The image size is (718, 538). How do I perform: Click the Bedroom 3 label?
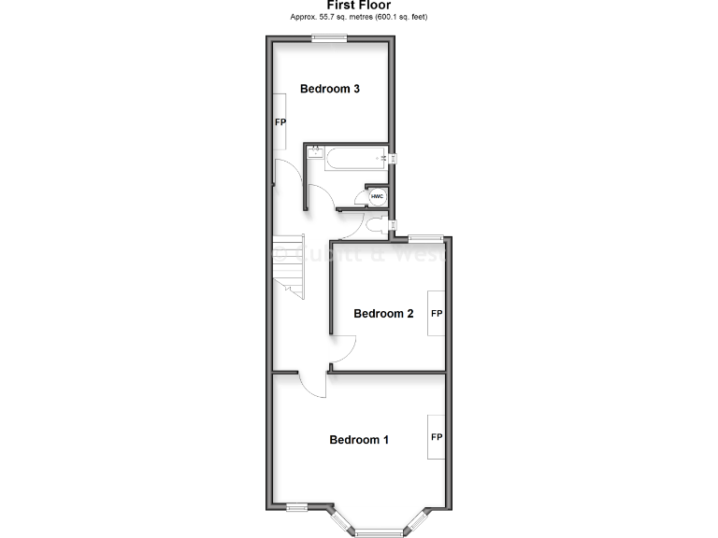330,90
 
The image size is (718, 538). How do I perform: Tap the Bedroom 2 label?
383,314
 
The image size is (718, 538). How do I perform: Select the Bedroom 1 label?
359,440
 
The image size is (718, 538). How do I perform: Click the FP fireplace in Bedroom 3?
280,122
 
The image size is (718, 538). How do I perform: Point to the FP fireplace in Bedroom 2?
436,315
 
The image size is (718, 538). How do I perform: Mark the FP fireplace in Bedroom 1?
436,437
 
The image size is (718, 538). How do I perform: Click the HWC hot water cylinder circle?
378,197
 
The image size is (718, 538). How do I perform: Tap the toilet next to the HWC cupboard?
376,225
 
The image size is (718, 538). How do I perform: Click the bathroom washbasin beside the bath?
315,151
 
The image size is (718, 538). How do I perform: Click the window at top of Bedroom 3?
329,37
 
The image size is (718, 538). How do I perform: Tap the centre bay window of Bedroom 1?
377,532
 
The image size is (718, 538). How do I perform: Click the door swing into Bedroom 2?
341,351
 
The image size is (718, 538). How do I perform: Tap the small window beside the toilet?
394,225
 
